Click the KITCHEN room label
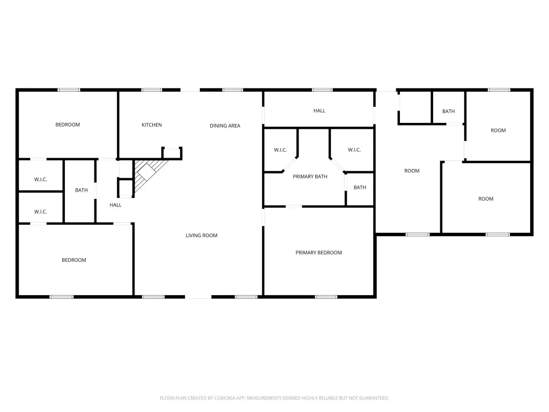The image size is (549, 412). click(x=152, y=124)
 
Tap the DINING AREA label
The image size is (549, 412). click(x=225, y=126)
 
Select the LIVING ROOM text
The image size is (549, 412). click(x=202, y=236)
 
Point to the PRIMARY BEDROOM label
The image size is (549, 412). click(x=318, y=253)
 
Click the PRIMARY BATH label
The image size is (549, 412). click(x=310, y=176)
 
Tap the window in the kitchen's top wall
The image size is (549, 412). click(x=152, y=90)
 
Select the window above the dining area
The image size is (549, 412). click(x=233, y=90)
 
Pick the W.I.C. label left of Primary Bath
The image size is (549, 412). click(x=280, y=150)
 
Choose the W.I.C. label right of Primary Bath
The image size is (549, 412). click(x=354, y=150)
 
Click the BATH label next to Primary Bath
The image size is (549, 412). click(x=360, y=187)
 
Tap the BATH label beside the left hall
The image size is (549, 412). click(x=81, y=190)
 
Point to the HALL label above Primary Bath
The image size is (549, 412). click(x=320, y=111)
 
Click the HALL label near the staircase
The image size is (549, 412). click(x=115, y=205)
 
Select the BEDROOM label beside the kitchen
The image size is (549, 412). click(x=68, y=124)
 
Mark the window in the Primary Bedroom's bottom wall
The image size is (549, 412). click(x=326, y=297)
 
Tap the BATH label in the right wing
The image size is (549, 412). click(x=449, y=112)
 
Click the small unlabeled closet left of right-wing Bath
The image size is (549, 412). click(x=416, y=107)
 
